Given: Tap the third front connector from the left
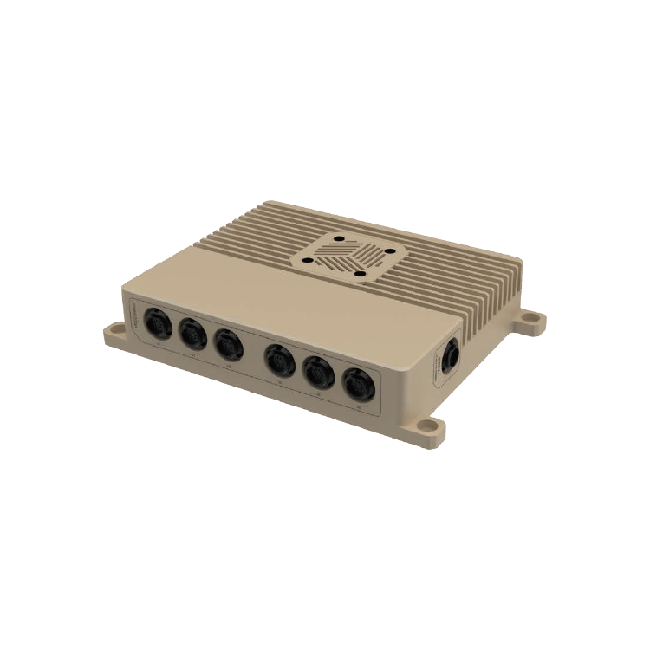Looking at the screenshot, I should (x=227, y=344).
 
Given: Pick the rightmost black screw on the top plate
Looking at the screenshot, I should (x=389, y=252).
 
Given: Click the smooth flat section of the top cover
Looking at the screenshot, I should (x=260, y=286).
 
